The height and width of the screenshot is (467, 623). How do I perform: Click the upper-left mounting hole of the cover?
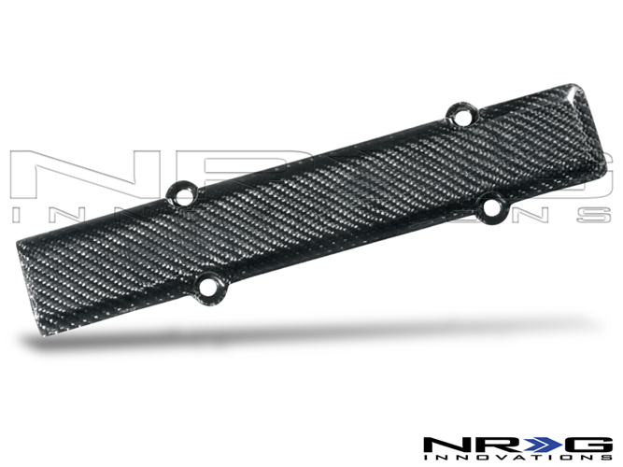pyautogui.click(x=183, y=195)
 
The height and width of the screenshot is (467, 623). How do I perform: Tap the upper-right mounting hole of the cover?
pyautogui.click(x=461, y=116)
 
